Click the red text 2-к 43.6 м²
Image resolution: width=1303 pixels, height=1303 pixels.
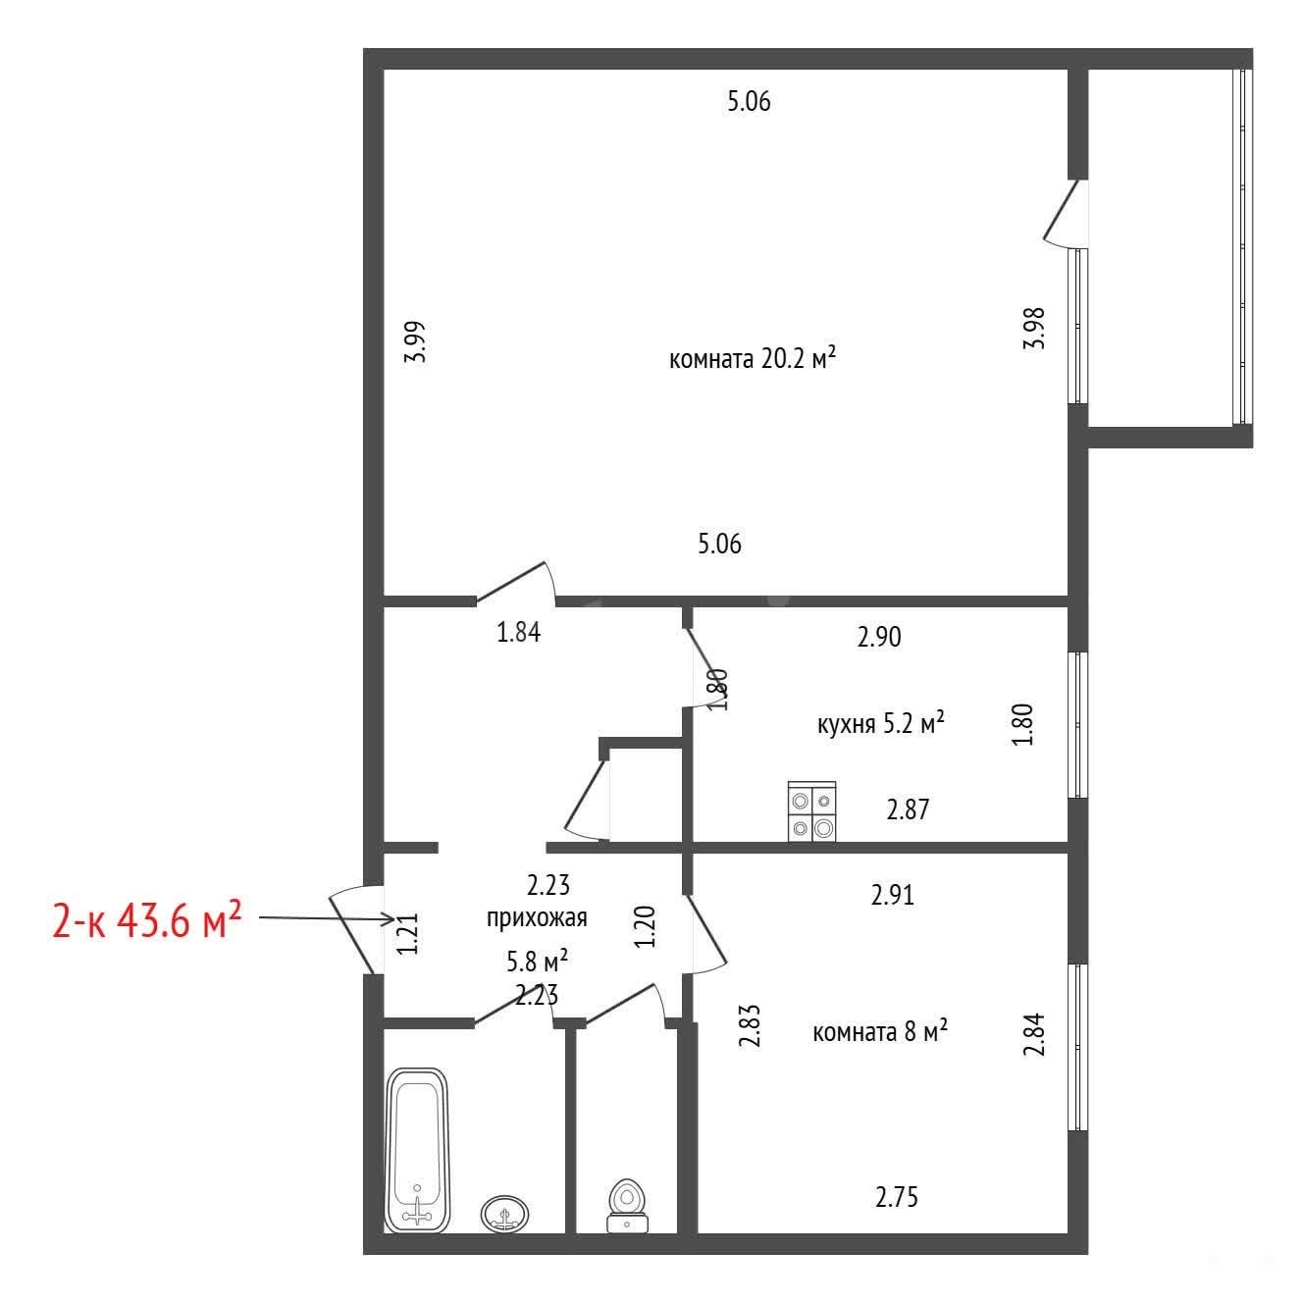tap(147, 920)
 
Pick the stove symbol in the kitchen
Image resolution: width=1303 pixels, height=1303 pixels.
tap(811, 811)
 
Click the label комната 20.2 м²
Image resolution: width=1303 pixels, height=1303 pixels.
tap(753, 358)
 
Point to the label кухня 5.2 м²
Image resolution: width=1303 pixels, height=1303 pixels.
tap(880, 723)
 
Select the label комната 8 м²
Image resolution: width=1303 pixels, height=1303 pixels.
tap(880, 1031)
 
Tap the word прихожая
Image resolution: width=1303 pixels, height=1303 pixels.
tap(537, 917)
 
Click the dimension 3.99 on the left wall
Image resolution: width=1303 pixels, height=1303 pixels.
tap(416, 341)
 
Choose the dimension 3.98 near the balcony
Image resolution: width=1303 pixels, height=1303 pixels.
tap(1034, 328)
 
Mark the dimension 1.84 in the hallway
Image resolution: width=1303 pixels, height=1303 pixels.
tap(519, 632)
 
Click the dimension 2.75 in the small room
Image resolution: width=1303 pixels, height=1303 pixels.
tap(897, 1197)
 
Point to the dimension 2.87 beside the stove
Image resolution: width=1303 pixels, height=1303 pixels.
tap(909, 809)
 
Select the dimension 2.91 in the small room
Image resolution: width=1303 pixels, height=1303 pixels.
tap(893, 895)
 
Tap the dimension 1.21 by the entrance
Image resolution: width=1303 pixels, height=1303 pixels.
tap(408, 934)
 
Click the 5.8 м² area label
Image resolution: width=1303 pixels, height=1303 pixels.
tap(538, 961)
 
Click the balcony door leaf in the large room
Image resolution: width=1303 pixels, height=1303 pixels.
tap(1061, 210)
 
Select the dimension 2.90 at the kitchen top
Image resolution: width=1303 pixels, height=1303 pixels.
tap(879, 637)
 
